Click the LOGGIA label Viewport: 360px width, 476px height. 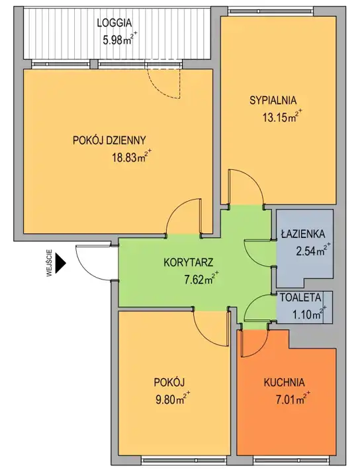point(114,23)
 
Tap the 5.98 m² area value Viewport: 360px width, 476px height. point(120,40)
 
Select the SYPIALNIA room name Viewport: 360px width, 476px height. point(273,100)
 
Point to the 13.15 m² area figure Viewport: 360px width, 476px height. point(283,116)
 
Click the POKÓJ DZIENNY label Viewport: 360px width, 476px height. point(109,141)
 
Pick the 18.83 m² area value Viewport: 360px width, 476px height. point(132,157)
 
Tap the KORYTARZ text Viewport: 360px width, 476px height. point(189,262)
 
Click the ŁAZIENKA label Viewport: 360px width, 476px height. point(303,234)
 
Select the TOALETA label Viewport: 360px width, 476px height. point(300,297)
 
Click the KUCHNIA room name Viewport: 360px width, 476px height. point(284,383)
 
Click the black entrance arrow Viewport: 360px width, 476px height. point(62,262)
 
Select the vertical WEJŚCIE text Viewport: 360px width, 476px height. point(50,263)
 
